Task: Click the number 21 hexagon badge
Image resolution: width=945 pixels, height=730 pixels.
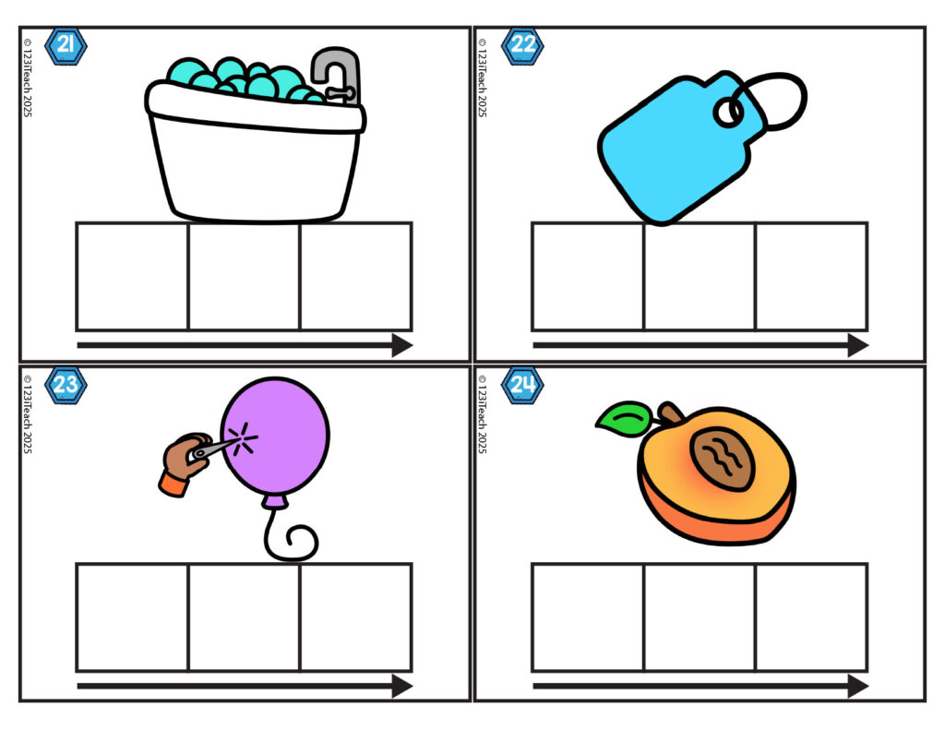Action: (x=66, y=46)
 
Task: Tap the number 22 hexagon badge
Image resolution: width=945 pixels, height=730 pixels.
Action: (x=522, y=46)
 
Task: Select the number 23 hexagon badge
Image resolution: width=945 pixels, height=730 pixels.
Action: (x=66, y=385)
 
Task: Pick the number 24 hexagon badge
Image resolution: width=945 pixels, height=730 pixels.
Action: (x=522, y=385)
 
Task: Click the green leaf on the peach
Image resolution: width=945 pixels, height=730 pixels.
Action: (x=625, y=418)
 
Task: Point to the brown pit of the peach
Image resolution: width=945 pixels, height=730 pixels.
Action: (x=722, y=459)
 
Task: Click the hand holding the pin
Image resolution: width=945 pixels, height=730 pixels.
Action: (x=185, y=462)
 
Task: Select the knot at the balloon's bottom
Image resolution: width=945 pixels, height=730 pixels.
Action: (x=274, y=501)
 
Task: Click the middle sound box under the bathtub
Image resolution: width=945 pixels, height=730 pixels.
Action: (x=244, y=277)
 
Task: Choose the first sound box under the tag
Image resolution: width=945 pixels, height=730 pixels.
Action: (x=588, y=277)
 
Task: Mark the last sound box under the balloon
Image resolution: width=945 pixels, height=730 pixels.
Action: (x=355, y=617)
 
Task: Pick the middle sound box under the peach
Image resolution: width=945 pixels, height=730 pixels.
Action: (x=700, y=617)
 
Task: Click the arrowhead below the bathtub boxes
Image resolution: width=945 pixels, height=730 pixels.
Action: (x=402, y=345)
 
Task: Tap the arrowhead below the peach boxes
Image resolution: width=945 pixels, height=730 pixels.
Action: (x=857, y=686)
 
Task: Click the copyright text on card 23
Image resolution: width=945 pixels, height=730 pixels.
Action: (x=27, y=414)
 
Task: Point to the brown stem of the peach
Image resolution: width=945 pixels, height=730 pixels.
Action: (x=670, y=413)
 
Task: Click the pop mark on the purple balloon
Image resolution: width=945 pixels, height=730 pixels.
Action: (x=243, y=438)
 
